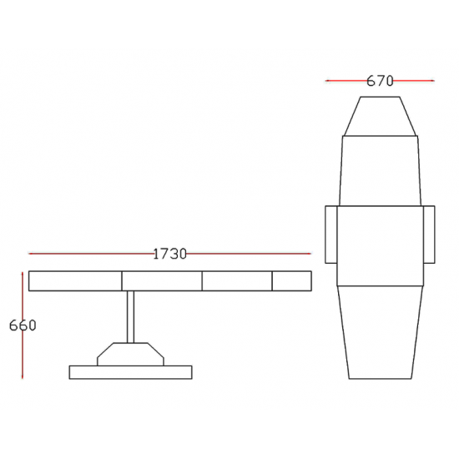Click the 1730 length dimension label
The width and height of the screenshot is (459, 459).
click(x=169, y=254)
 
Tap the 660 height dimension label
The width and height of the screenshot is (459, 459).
click(x=23, y=325)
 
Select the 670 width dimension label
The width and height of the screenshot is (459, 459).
click(x=380, y=81)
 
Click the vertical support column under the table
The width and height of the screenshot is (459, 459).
click(x=130, y=317)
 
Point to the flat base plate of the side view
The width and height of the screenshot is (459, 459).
click(x=130, y=372)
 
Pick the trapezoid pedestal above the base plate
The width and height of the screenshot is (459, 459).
click(x=130, y=354)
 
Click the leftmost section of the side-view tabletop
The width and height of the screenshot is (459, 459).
click(x=75, y=281)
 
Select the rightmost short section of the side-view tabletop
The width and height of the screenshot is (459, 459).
click(x=292, y=281)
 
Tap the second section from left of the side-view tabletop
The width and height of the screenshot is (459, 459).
click(x=162, y=281)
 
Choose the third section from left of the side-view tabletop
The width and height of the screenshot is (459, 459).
click(x=237, y=281)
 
